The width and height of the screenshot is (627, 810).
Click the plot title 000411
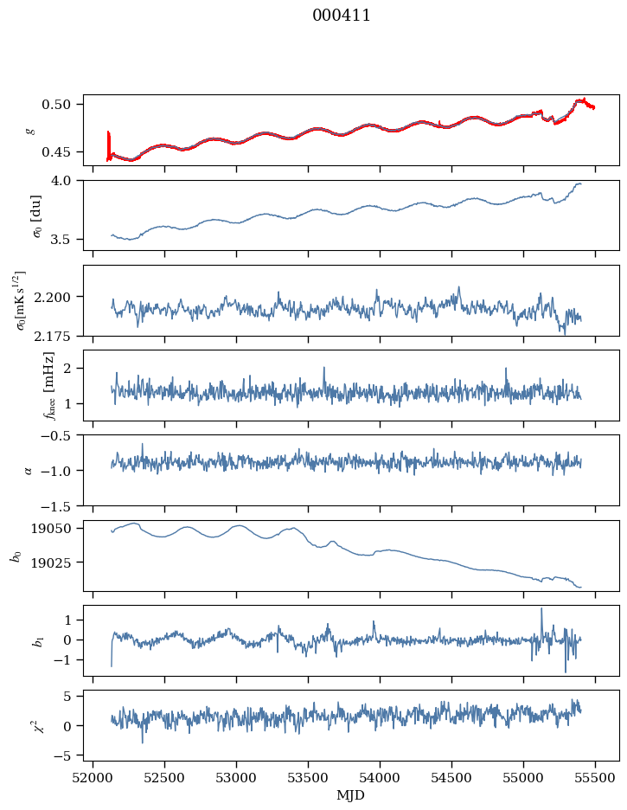(341, 16)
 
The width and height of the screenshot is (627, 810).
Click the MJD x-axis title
(350, 795)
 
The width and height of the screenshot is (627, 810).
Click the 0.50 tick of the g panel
(55, 105)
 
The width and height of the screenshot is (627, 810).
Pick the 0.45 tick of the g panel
(55, 152)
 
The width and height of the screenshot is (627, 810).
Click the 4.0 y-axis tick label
(60, 181)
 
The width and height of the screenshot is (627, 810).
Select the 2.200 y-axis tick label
(52, 297)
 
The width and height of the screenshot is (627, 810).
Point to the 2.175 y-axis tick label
(52, 337)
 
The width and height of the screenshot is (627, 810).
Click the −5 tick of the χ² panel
(61, 756)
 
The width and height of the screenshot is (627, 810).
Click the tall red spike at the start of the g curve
(108, 145)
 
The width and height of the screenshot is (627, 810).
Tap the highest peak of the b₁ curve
(541, 608)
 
